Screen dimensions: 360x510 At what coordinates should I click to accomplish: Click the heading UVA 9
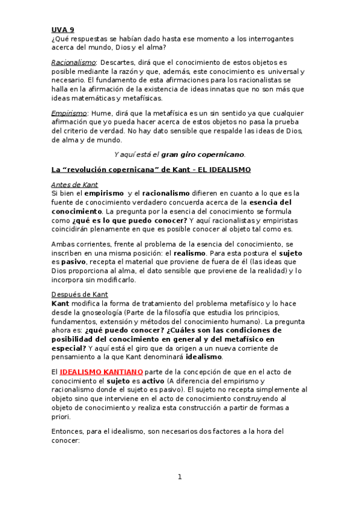63,29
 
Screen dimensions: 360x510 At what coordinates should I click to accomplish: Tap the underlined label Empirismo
70,112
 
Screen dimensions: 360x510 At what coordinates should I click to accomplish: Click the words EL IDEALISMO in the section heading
222,170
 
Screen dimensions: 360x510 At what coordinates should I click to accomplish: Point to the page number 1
180,477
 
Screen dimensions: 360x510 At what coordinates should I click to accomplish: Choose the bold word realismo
190,254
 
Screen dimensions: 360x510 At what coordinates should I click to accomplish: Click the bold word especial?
69,348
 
